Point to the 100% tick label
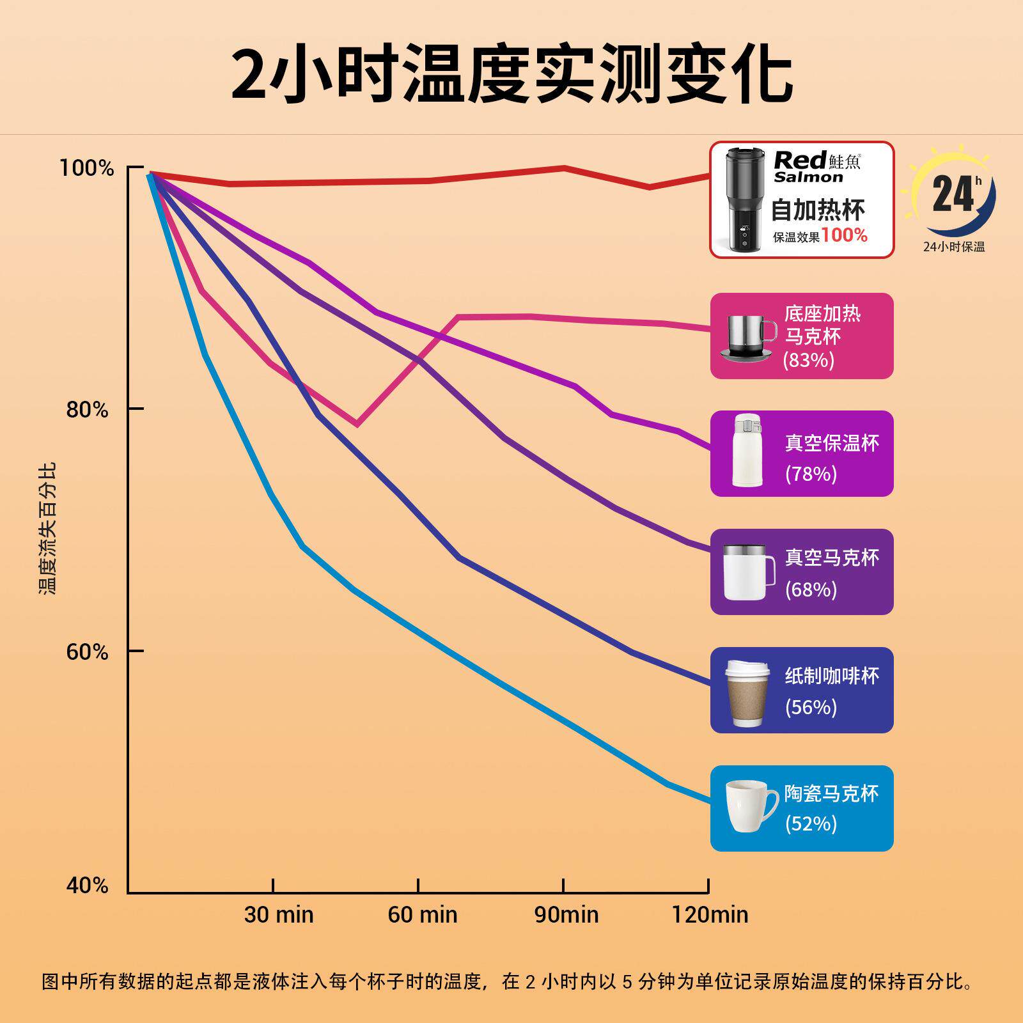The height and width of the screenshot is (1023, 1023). click(86, 169)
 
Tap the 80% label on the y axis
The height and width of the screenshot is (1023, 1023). click(88, 410)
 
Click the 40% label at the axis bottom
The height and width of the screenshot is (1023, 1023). click(88, 886)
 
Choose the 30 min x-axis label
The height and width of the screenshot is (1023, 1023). click(279, 914)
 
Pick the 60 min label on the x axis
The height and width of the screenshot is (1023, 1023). click(423, 914)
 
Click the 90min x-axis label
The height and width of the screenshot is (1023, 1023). click(566, 914)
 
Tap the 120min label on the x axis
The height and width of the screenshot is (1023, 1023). click(710, 914)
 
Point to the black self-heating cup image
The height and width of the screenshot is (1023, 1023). click(744, 199)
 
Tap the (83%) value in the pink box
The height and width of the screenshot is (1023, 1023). click(809, 361)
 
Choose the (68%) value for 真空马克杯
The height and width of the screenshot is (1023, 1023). click(811, 589)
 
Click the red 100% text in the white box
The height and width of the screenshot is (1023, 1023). click(844, 235)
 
